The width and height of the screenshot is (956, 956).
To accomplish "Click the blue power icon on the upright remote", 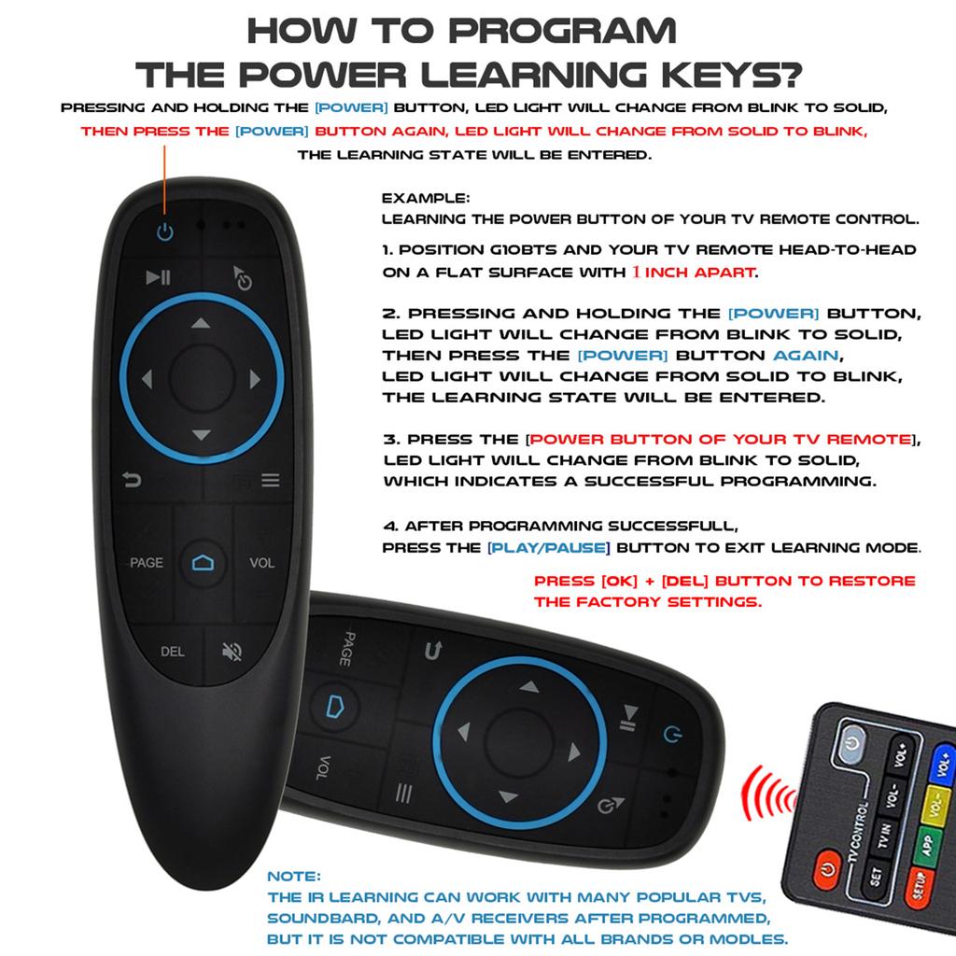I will point(165,232).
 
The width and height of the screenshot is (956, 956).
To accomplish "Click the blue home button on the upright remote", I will point(203,562).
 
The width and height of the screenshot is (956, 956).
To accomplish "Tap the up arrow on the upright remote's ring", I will point(201,324).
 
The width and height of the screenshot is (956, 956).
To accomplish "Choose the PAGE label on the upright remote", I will point(146,563).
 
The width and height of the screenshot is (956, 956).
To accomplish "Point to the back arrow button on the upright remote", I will point(133,480).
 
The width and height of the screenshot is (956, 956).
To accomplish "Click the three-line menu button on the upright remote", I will point(270,481).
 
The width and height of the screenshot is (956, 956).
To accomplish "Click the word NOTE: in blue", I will point(294,877).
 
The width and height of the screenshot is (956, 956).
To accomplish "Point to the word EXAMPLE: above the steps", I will point(426,199).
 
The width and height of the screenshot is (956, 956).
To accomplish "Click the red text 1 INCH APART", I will point(692,272).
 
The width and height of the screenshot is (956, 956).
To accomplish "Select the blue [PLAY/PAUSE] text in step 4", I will point(549,547).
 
